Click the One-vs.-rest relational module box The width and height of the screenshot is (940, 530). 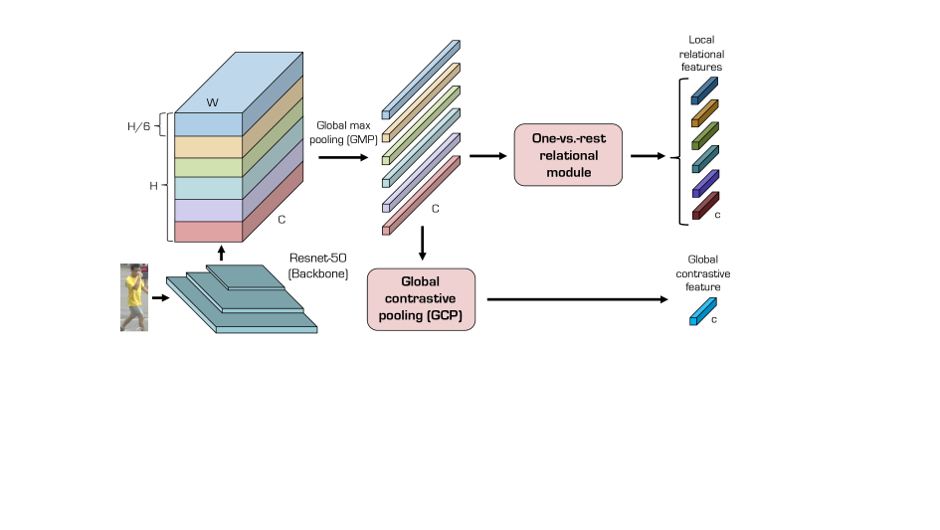pos(568,155)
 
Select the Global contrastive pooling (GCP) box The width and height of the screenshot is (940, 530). pos(421,299)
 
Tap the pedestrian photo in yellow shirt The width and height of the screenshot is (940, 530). pos(134,297)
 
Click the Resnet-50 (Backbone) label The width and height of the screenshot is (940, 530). pos(317,265)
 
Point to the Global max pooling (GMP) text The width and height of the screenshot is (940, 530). pos(343,132)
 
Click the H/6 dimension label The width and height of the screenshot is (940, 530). pos(138,126)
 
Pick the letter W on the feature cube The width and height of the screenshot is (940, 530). pos(212,102)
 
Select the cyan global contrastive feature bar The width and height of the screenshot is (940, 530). pos(703,312)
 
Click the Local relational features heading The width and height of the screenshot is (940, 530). pos(701,54)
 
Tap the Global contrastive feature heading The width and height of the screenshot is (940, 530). pos(702,272)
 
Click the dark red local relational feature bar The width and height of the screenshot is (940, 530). pos(705,206)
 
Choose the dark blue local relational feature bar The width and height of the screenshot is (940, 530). pos(704,90)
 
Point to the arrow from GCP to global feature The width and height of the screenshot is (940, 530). pos(577,299)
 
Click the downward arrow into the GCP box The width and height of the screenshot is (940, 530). pos(423,243)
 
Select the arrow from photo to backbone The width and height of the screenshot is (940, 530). pos(161,297)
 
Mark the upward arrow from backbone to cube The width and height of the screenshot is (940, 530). pos(221,253)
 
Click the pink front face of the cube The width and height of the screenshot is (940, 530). pos(208,232)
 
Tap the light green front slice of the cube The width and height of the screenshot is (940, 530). pos(208,167)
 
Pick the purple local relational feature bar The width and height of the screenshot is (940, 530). pos(705,183)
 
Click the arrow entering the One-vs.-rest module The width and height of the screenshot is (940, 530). pos(488,156)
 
